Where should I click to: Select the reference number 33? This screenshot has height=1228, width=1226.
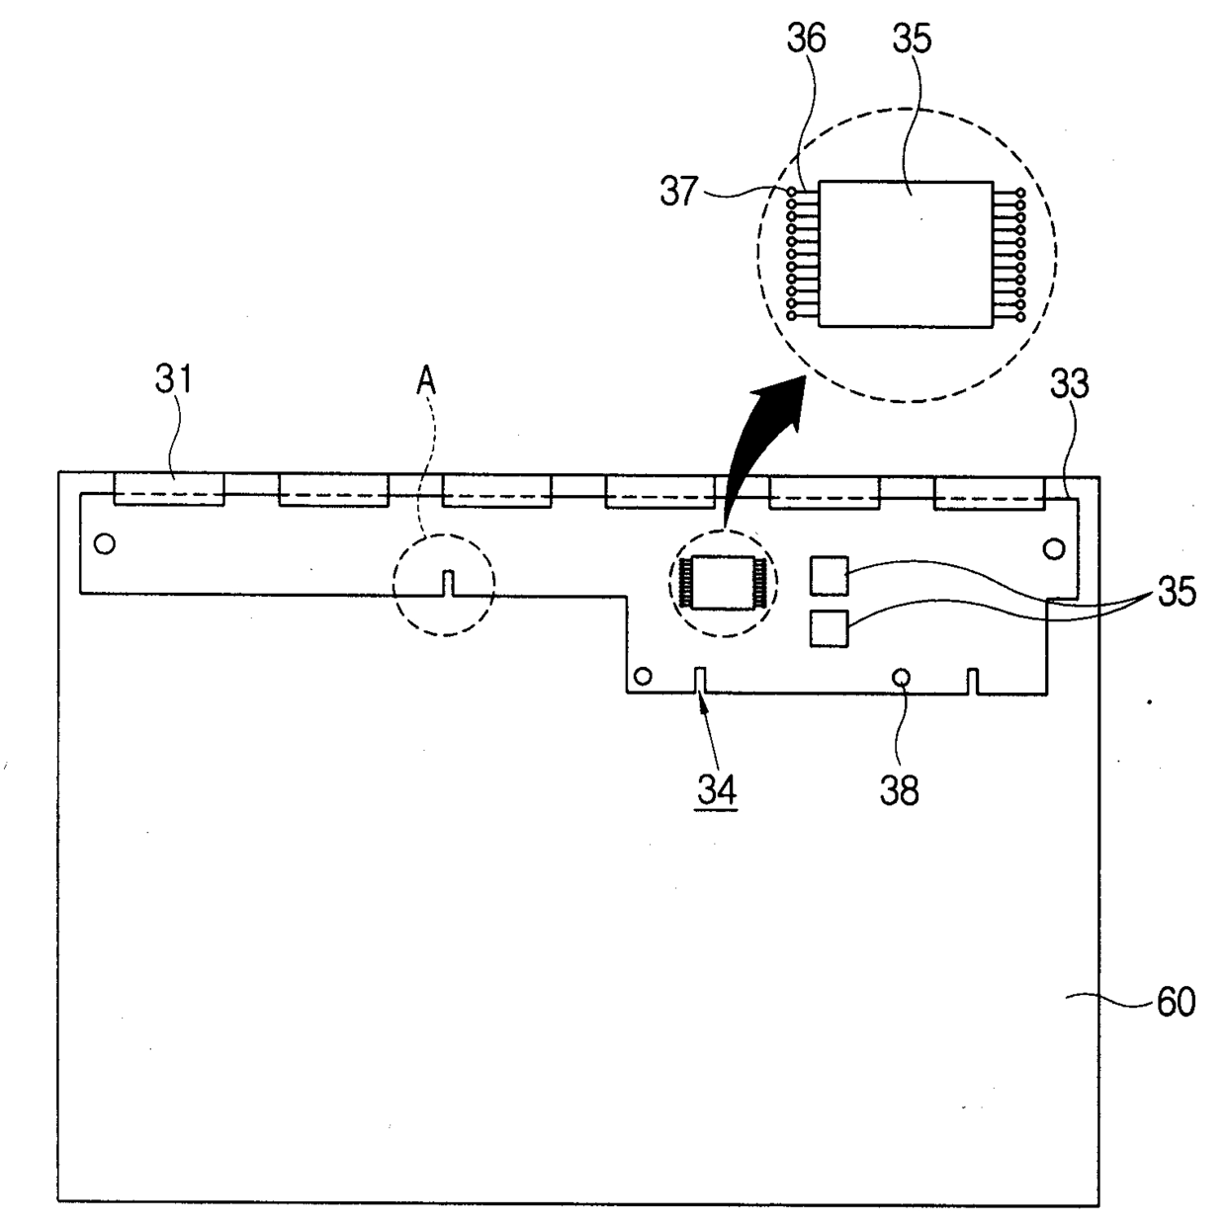(1069, 383)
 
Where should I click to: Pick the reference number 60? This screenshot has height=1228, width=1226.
(1176, 1002)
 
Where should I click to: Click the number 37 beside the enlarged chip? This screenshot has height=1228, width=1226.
(679, 191)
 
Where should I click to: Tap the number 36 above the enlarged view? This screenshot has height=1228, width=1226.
(806, 40)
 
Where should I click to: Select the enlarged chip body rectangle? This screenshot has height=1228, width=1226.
(907, 254)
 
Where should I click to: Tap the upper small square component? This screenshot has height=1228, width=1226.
(829, 575)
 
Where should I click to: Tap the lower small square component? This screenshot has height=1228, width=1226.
(829, 628)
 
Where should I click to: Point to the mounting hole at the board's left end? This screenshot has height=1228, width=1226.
(104, 543)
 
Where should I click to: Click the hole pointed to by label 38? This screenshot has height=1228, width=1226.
(901, 677)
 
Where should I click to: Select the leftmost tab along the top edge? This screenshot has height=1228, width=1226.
(169, 489)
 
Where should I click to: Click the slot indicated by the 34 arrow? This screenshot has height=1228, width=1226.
(700, 681)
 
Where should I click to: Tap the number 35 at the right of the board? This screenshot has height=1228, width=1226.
(1177, 592)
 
